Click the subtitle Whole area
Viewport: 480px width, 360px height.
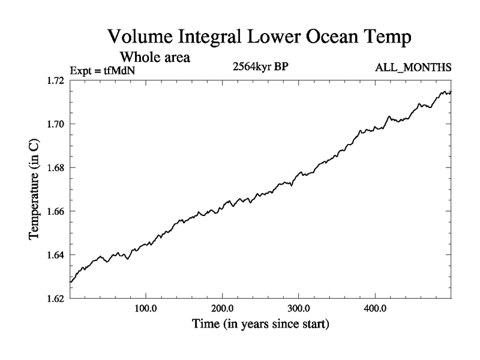click(x=155, y=58)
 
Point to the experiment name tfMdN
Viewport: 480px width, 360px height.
click(x=122, y=69)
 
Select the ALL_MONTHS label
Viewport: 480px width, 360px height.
click(x=412, y=68)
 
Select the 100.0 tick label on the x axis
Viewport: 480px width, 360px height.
click(x=146, y=310)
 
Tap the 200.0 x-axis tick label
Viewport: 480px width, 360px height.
click(x=223, y=310)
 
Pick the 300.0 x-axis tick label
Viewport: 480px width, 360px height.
click(x=299, y=310)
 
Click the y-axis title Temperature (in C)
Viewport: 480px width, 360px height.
click(x=35, y=190)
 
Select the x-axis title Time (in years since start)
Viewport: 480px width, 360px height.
click(x=260, y=325)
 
